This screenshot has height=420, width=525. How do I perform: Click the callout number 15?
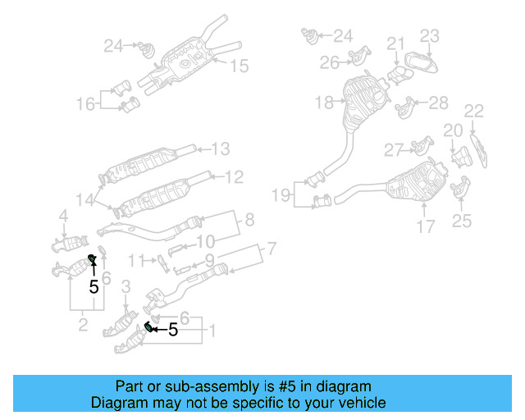click(x=238, y=66)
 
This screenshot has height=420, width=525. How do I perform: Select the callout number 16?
click(x=86, y=103)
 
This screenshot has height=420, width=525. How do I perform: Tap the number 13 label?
click(x=221, y=149)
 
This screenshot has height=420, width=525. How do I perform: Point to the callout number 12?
click(x=234, y=176)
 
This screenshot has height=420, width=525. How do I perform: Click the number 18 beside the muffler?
click(x=324, y=103)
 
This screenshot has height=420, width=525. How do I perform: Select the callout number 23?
click(x=431, y=35)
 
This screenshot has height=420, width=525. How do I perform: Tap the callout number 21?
click(x=396, y=43)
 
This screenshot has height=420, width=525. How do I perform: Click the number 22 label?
click(x=474, y=110)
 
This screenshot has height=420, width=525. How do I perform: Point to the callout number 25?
click(x=462, y=220)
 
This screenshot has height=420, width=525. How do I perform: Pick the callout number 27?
click(x=395, y=150)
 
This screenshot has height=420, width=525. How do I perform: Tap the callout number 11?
click(x=136, y=260)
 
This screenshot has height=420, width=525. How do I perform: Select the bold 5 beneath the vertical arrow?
click(x=94, y=287)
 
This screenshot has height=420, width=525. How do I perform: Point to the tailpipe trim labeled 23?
click(x=418, y=65)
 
